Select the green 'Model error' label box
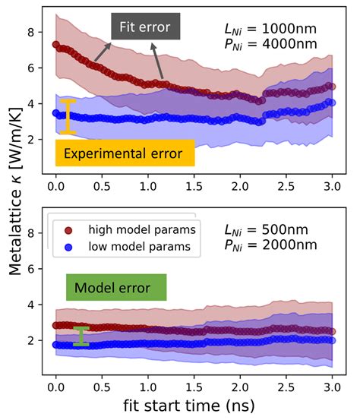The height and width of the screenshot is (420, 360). (x=116, y=287)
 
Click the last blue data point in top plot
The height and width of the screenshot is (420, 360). (x=331, y=102)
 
